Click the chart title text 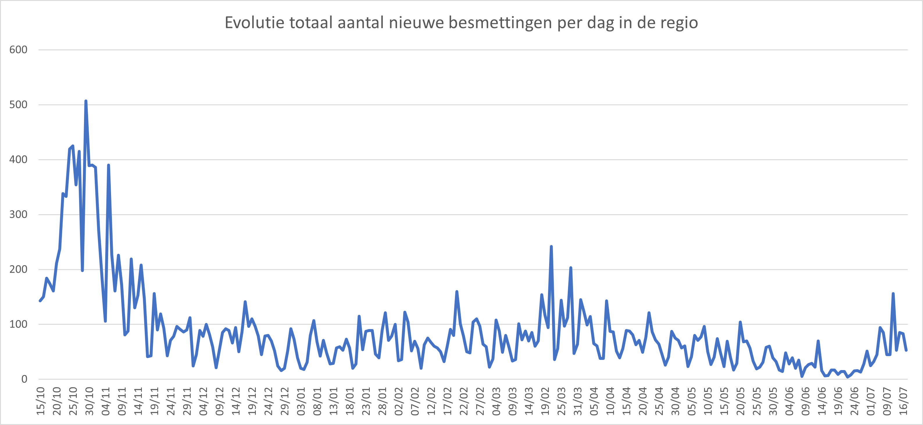461,23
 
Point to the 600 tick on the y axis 18,50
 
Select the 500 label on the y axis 18,105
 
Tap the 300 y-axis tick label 18,214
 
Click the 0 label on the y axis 24,379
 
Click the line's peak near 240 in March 551,247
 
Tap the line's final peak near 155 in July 893,294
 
